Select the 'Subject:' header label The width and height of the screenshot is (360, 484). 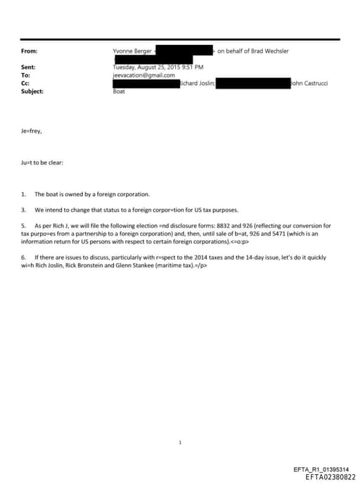tap(32, 91)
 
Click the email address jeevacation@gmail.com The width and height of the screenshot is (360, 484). tap(143, 75)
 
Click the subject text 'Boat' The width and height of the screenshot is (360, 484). tap(119, 91)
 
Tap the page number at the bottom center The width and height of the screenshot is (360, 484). tap(181, 442)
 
